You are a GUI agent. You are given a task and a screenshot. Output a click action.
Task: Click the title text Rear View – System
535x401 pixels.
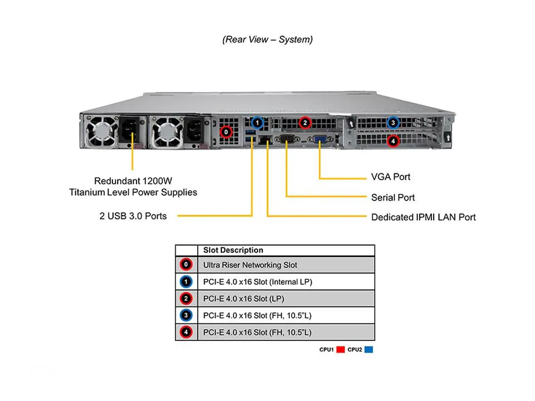pyautogui.click(x=267, y=40)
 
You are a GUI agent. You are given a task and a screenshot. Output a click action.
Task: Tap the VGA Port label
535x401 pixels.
pyautogui.click(x=391, y=177)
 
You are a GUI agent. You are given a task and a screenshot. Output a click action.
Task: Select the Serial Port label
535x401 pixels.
pyautogui.click(x=393, y=197)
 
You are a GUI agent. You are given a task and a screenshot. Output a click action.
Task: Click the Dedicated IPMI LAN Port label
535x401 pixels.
pyautogui.click(x=424, y=217)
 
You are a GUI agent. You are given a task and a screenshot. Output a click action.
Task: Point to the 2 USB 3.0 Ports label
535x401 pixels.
pyautogui.click(x=133, y=216)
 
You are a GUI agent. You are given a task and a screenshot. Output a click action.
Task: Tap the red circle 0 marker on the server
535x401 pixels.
pyautogui.click(x=226, y=132)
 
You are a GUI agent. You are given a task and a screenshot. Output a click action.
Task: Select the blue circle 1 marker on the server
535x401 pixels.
pyautogui.click(x=257, y=122)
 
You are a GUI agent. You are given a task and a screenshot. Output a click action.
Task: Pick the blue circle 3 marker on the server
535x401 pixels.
pyautogui.click(x=393, y=123)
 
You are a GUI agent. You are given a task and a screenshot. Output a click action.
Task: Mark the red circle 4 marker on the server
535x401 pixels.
pyautogui.click(x=393, y=141)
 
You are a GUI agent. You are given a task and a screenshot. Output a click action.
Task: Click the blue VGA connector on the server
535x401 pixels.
pyautogui.click(x=320, y=139)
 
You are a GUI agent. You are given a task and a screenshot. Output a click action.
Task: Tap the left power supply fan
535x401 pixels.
pyautogui.click(x=101, y=132)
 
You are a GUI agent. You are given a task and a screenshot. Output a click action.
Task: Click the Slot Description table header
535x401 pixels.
pyautogui.click(x=233, y=250)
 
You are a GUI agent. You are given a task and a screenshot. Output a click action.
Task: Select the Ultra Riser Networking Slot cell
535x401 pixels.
pyautogui.click(x=250, y=265)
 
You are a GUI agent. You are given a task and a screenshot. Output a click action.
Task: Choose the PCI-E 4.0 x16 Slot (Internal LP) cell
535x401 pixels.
pyautogui.click(x=258, y=282)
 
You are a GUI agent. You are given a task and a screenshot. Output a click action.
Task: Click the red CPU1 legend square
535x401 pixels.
pyautogui.click(x=340, y=350)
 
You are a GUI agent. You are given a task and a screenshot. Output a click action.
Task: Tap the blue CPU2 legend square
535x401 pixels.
pyautogui.click(x=368, y=350)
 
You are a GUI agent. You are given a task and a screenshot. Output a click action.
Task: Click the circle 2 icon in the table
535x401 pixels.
pyautogui.click(x=186, y=299)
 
